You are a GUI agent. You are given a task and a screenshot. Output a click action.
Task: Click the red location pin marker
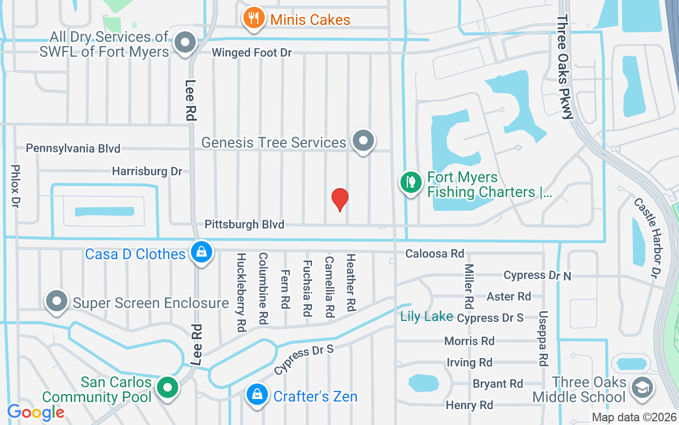(x=340, y=199)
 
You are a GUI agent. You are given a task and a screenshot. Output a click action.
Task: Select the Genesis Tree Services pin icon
(x=363, y=141)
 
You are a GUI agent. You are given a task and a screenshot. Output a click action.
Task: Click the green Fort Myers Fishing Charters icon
(x=410, y=183)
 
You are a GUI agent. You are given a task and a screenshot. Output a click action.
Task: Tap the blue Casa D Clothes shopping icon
(x=202, y=252)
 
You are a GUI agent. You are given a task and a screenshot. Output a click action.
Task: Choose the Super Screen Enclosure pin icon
(x=57, y=301)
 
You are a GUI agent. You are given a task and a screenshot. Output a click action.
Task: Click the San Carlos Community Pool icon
(x=168, y=387)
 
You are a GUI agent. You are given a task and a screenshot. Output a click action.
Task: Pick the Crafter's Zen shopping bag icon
(x=257, y=395)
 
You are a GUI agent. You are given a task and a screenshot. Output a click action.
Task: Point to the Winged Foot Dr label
(x=251, y=53)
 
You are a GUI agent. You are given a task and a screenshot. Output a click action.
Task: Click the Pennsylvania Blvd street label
(x=73, y=148)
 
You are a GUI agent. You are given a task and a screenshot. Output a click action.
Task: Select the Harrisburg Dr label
(x=147, y=171)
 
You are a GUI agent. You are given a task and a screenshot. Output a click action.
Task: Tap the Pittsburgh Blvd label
(x=245, y=224)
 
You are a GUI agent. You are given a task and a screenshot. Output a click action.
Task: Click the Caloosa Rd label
(x=434, y=254)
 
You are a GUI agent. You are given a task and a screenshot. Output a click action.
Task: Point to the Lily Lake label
(x=426, y=317)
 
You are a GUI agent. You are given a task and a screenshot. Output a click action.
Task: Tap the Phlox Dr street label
(x=15, y=185)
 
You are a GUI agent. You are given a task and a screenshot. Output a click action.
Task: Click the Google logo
(x=36, y=412)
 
